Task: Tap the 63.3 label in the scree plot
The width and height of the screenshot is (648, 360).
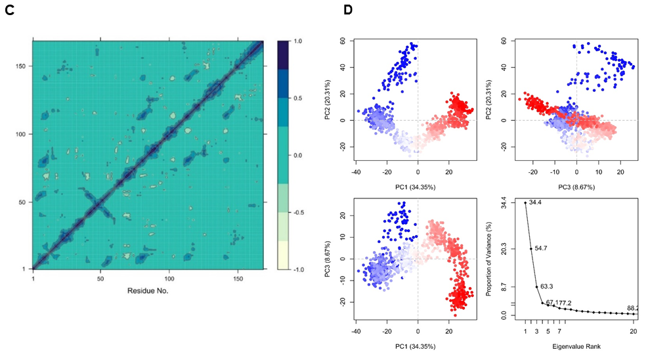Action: pyautogui.click(x=550, y=287)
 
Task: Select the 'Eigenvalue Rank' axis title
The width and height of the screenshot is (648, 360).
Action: pyautogui.click(x=580, y=346)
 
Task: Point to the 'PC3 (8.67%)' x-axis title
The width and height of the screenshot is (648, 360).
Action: pyautogui.click(x=576, y=189)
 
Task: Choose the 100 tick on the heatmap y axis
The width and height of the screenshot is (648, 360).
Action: pyautogui.click(x=22, y=134)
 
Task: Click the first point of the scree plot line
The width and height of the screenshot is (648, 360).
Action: pyautogui.click(x=526, y=203)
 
